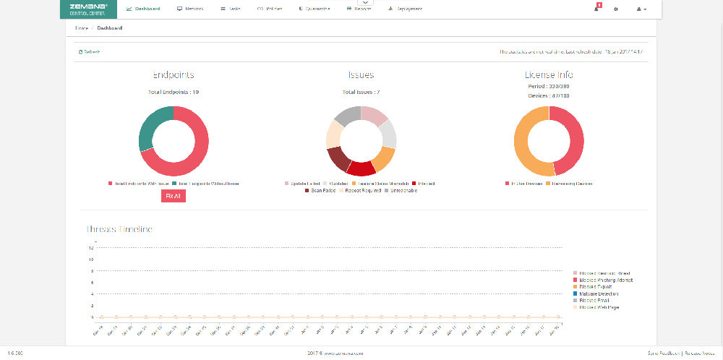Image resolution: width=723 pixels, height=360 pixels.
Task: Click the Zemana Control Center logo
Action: click(88, 9)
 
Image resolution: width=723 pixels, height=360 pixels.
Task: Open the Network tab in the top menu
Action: click(190, 9)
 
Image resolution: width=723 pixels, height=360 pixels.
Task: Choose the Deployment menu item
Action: click(406, 9)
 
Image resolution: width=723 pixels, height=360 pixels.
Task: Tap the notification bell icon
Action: click(597, 9)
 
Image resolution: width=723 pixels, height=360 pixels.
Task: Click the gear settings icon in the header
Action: click(616, 9)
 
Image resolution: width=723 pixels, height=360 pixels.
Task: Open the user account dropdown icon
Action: click(641, 9)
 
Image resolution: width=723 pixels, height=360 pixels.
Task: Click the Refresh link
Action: click(90, 52)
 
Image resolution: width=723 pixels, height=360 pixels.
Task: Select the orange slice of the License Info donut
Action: click(529, 145)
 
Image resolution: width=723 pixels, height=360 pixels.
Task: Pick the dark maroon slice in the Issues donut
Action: click(338, 158)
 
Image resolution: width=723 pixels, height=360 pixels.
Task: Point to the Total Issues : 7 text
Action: click(361, 92)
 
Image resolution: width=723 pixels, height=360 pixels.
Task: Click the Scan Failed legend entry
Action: click(321, 191)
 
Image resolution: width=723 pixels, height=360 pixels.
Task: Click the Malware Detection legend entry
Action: click(598, 293)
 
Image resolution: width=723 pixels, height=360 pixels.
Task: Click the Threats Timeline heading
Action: click(119, 229)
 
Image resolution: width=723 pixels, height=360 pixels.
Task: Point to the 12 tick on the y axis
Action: click(91, 248)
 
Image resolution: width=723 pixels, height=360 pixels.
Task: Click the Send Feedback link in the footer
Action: click(662, 353)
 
